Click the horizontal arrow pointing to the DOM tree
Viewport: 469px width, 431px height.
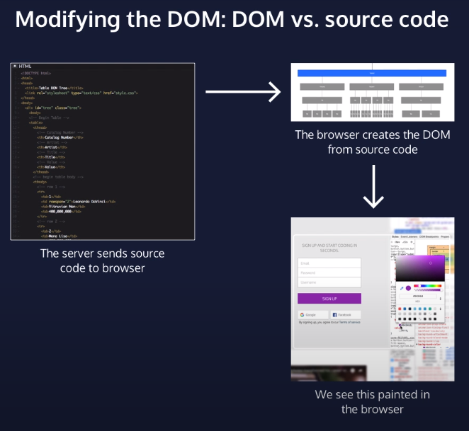(240, 91)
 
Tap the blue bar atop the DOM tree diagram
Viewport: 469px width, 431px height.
(372, 73)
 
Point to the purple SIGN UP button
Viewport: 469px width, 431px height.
(329, 299)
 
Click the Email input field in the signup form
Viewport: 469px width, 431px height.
(329, 263)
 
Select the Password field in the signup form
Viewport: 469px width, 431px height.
(329, 272)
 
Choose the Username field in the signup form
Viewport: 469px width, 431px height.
(329, 282)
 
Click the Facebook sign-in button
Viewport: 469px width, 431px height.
(343, 314)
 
